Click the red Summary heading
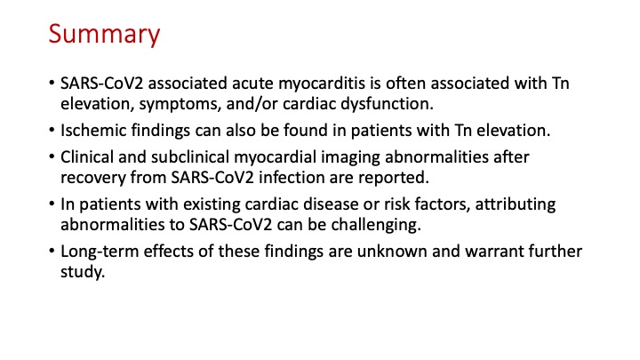104,35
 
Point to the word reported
394,179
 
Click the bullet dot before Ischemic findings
52,131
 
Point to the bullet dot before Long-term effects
52,251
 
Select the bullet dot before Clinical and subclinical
52,157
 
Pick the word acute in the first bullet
252,84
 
